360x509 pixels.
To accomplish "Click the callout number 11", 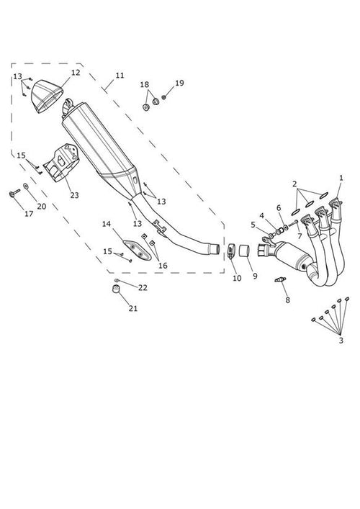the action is [120, 76].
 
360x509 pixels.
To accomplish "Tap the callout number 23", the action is [74, 195].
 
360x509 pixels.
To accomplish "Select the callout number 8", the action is [287, 300].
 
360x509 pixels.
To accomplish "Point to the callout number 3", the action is [341, 341].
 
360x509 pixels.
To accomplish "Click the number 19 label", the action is [179, 83].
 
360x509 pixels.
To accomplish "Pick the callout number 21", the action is [133, 308].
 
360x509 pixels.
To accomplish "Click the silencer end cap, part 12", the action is [47, 96].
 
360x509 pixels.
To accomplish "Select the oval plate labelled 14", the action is [137, 251].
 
